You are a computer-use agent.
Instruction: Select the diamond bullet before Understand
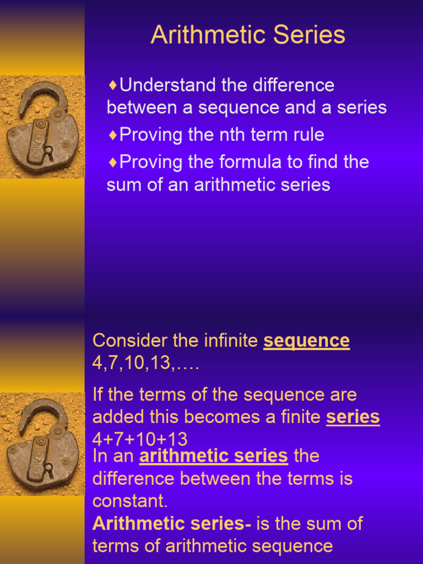click(112, 85)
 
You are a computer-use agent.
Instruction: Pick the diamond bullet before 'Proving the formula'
click(112, 162)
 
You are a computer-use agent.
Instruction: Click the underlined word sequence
click(306, 341)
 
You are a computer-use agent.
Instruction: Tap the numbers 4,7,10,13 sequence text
click(145, 364)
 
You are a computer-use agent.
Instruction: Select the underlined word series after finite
click(352, 417)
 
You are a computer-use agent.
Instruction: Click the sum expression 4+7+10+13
click(140, 440)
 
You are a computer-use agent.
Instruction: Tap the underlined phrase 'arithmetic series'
click(214, 456)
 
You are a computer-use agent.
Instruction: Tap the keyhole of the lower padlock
click(48, 469)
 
